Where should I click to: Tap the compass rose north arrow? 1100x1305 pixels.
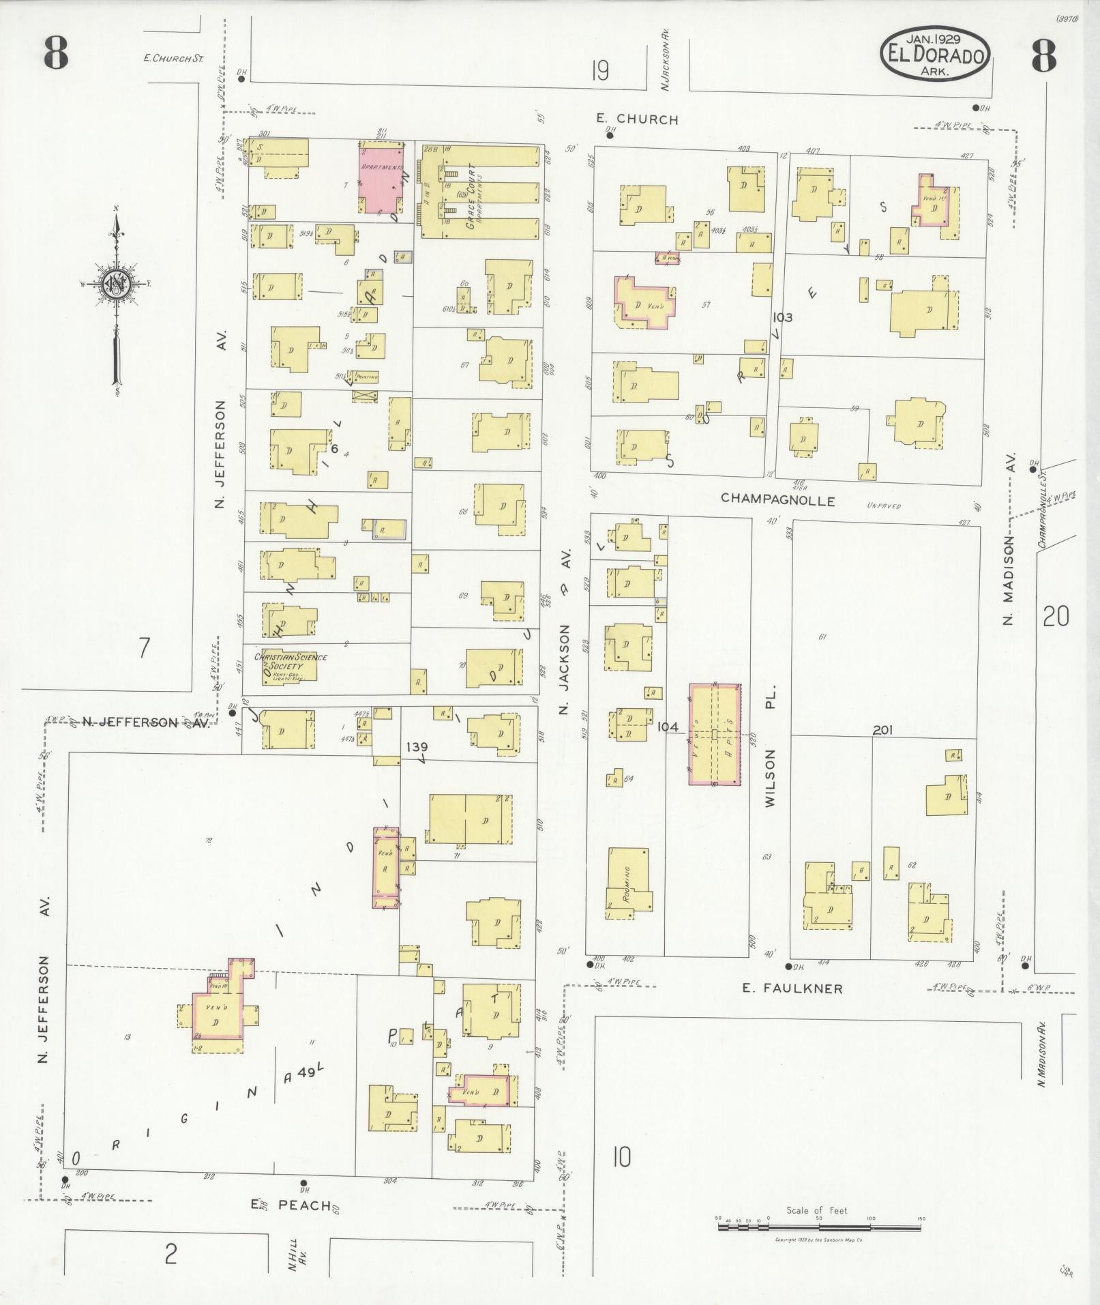coord(116,287)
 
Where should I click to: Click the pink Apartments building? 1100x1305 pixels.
coord(380,178)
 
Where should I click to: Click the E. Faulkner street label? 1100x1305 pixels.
coord(792,988)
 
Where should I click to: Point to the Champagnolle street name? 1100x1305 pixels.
coord(778,500)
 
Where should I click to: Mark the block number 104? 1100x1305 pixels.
coord(668,727)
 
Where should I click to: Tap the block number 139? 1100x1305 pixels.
coord(417,747)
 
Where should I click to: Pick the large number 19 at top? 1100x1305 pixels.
coord(600,70)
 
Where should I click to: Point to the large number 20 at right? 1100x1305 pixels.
coord(1055,617)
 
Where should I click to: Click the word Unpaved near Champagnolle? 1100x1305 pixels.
coord(884,506)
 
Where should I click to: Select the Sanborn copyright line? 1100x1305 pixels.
coord(819,1240)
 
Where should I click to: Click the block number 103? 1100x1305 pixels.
coord(782,317)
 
